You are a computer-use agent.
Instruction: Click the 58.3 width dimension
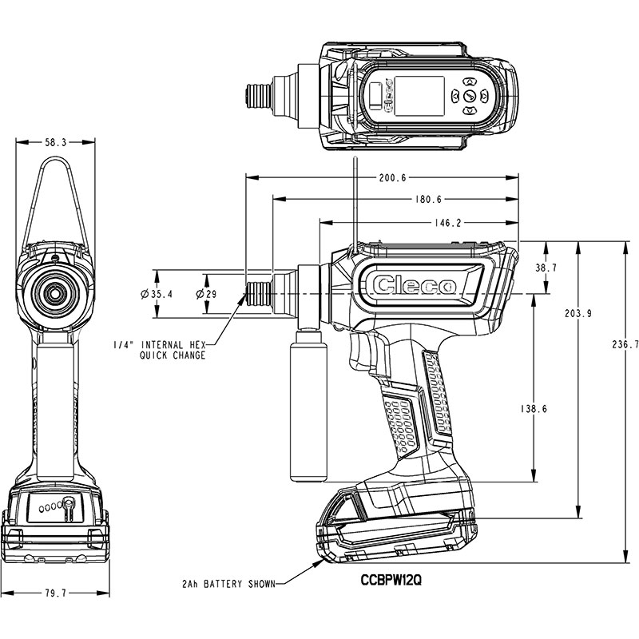(x=55, y=143)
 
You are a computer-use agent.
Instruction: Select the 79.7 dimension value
(x=55, y=593)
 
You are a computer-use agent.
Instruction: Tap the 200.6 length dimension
(x=393, y=177)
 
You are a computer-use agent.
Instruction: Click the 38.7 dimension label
(x=546, y=268)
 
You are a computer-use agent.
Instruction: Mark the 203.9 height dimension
(x=578, y=314)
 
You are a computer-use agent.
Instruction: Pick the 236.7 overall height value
(x=625, y=345)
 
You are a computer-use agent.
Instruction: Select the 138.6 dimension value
(x=534, y=409)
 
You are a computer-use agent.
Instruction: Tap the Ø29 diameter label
(x=206, y=294)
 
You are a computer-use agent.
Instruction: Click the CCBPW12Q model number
(x=391, y=580)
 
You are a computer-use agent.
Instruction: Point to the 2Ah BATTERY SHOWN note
(x=229, y=584)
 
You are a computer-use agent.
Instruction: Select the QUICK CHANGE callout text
(x=173, y=355)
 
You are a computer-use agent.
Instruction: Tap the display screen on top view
(x=420, y=96)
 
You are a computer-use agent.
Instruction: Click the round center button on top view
(x=470, y=97)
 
